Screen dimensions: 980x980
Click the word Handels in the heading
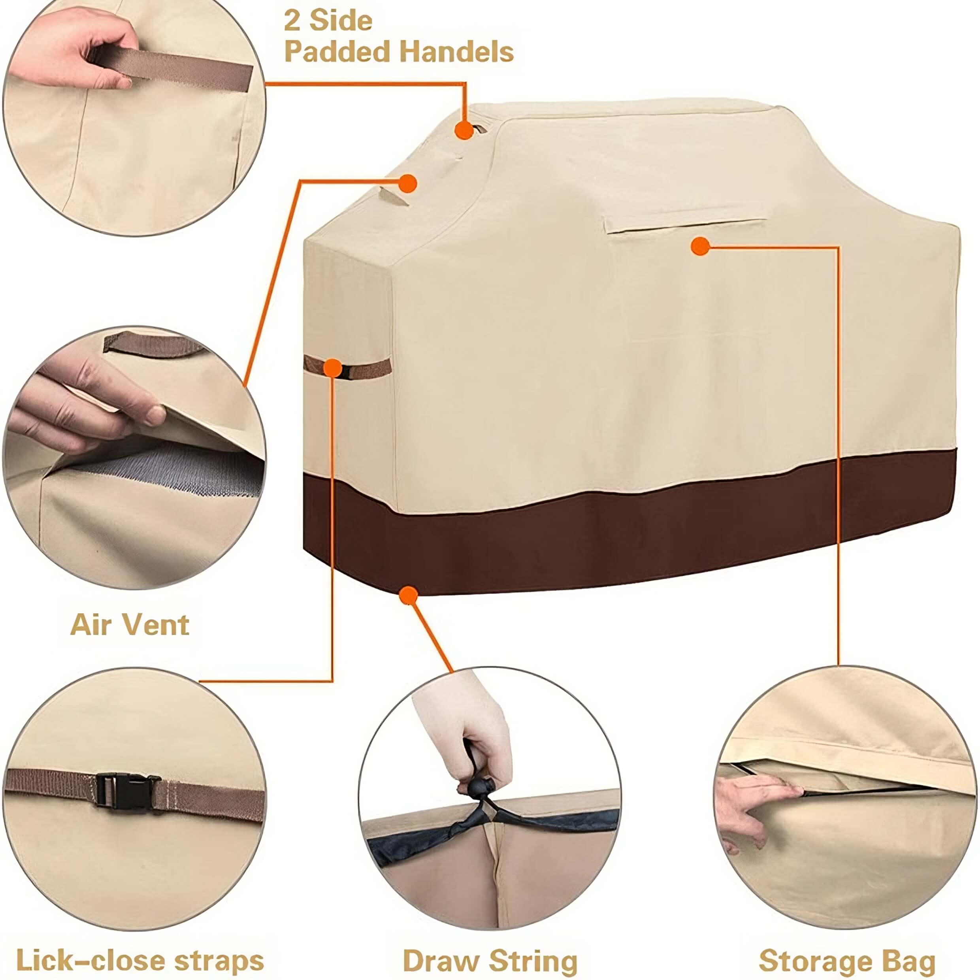pyautogui.click(x=456, y=52)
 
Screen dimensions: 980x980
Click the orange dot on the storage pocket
pyautogui.click(x=700, y=247)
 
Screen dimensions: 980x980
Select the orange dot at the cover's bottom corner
pyautogui.click(x=408, y=595)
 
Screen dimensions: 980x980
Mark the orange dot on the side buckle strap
pyautogui.click(x=333, y=368)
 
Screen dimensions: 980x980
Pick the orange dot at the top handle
pyautogui.click(x=464, y=130)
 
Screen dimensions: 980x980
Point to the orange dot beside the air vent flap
pyautogui.click(x=407, y=184)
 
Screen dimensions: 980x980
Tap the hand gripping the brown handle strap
pyautogui.click(x=71, y=51)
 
